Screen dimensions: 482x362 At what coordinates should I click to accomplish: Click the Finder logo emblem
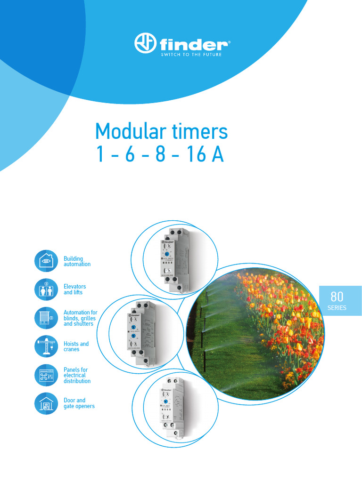[x=145, y=43]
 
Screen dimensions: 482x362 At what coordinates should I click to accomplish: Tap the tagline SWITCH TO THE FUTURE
[x=191, y=55]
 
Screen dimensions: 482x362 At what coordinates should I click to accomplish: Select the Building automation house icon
[x=46, y=261]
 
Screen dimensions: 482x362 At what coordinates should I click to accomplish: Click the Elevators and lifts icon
[x=46, y=289]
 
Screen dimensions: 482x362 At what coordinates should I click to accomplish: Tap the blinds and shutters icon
[x=46, y=318]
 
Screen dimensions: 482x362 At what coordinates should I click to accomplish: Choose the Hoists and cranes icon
[x=46, y=346]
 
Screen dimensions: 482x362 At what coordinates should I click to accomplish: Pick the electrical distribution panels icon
[x=46, y=375]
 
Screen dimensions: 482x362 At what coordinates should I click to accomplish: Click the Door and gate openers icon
[x=46, y=403]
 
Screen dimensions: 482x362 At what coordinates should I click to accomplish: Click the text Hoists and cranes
[x=76, y=346]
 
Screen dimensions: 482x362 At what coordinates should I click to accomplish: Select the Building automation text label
[x=77, y=261]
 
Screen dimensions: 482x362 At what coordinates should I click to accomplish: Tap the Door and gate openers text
[x=79, y=403]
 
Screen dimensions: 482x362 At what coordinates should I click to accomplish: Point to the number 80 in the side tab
[x=337, y=297]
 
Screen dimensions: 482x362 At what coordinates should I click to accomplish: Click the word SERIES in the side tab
[x=337, y=308]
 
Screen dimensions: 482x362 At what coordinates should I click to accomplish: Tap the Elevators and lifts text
[x=74, y=289]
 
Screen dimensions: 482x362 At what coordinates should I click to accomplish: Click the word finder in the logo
[x=193, y=45]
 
